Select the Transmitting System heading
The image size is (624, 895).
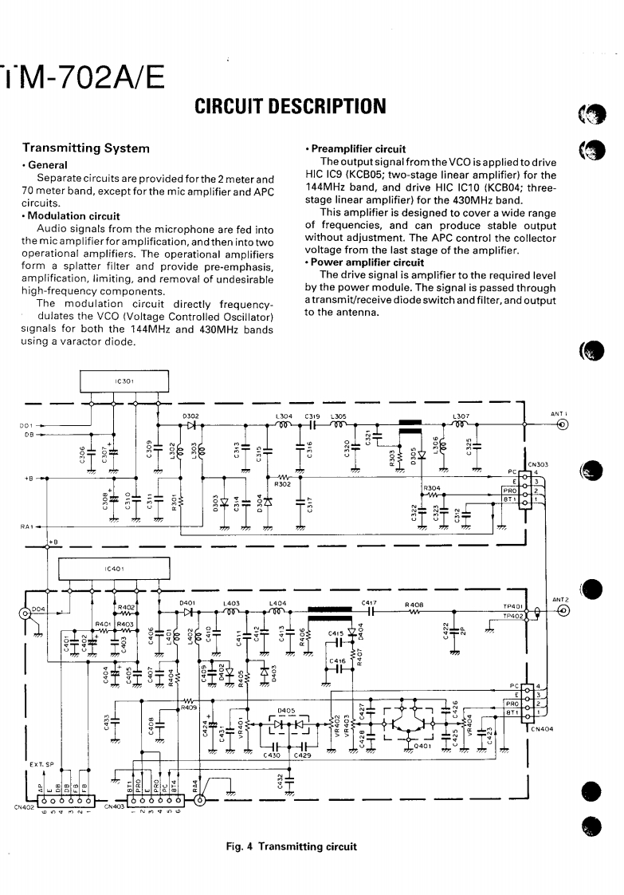point(86,148)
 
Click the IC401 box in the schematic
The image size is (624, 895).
point(115,569)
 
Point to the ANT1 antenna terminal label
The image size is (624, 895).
point(558,414)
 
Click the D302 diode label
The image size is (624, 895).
point(190,416)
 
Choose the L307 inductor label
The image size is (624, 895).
point(460,416)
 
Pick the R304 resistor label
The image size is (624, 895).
point(432,487)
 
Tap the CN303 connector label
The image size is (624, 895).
point(536,462)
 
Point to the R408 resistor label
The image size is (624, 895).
point(414,604)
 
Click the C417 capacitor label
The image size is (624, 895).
point(369,603)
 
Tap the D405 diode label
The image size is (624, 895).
point(286,710)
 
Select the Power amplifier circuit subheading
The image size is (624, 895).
point(367,262)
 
